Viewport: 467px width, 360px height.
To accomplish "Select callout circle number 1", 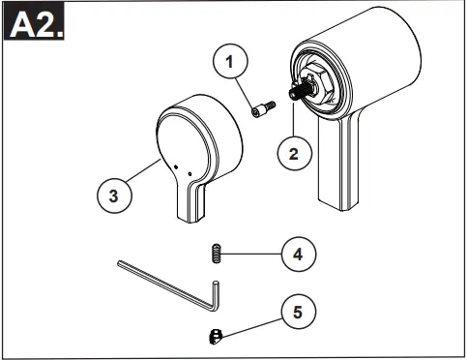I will (x=230, y=62).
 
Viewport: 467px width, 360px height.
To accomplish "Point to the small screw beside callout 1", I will (x=258, y=114).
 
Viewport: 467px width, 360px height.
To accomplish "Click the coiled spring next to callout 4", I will (x=217, y=255).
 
